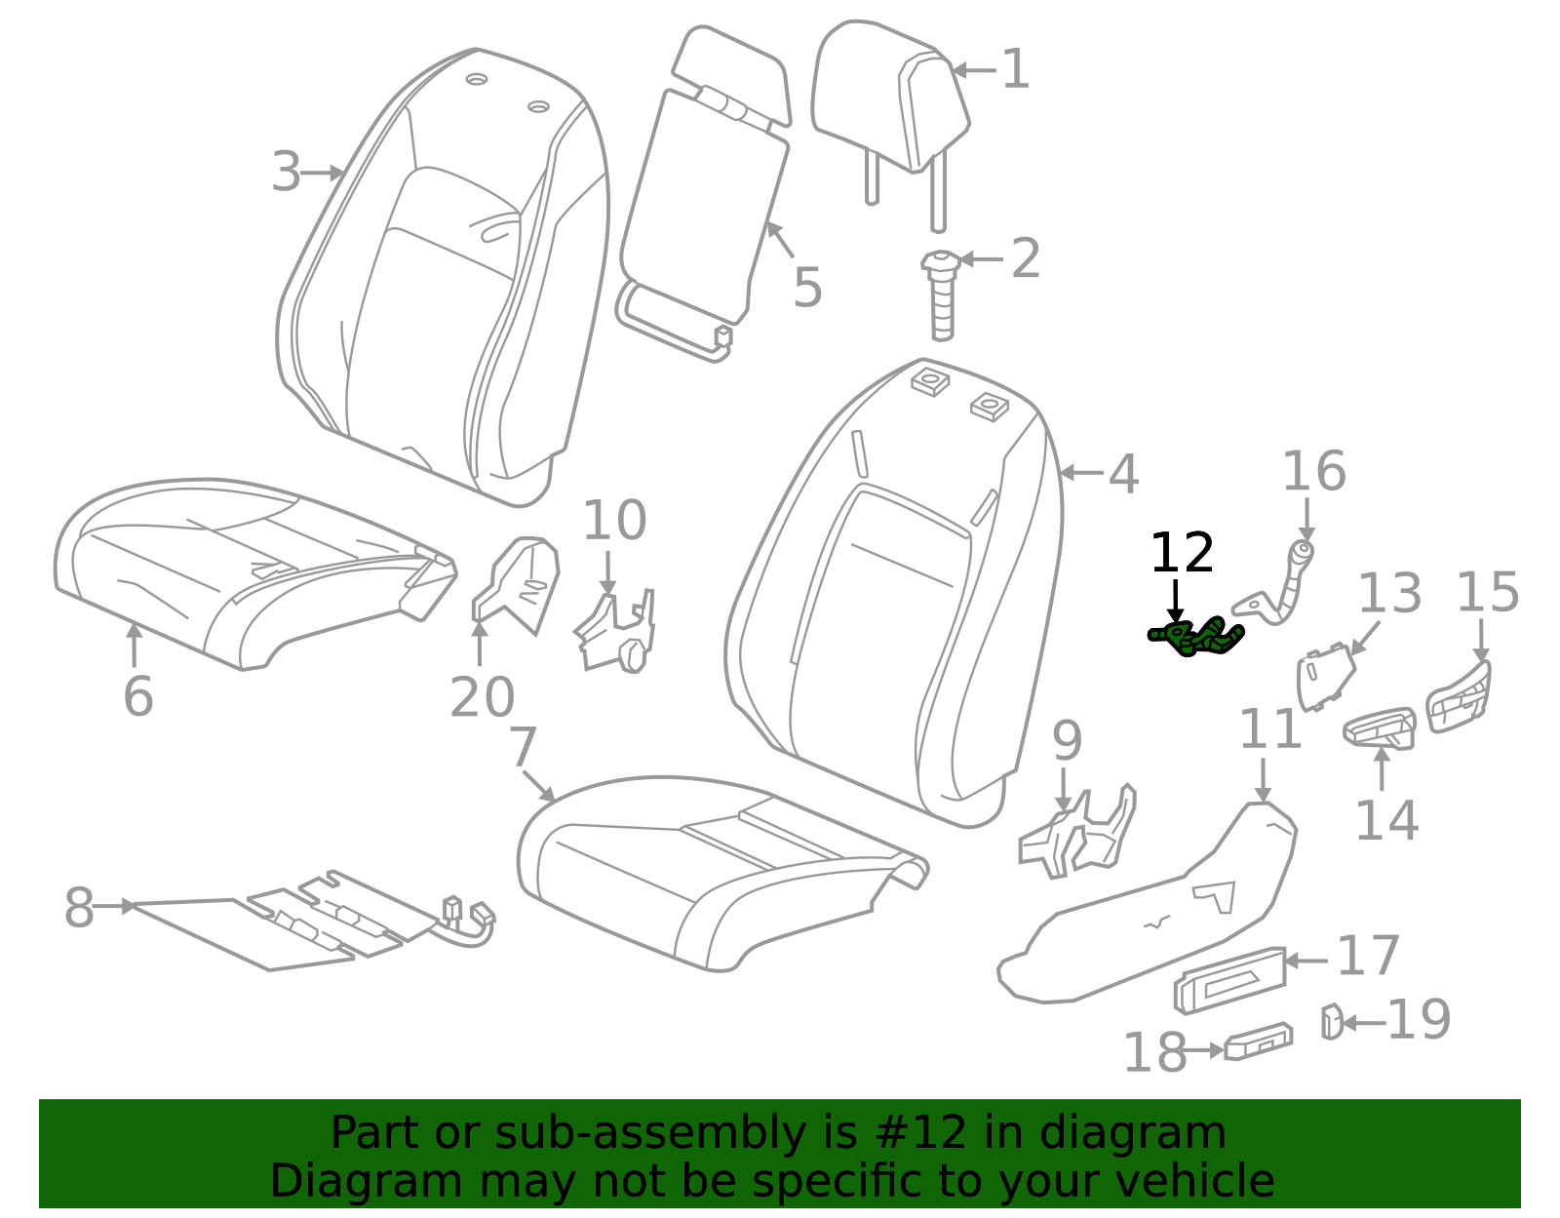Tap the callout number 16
point(1313,472)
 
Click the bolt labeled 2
point(941,295)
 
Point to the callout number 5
point(807,288)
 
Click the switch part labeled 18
point(1258,1042)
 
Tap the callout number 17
point(1368,956)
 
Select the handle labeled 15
point(1458,697)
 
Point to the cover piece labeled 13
point(1325,678)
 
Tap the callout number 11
point(1270,729)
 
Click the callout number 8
point(79,908)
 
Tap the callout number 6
point(137,696)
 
